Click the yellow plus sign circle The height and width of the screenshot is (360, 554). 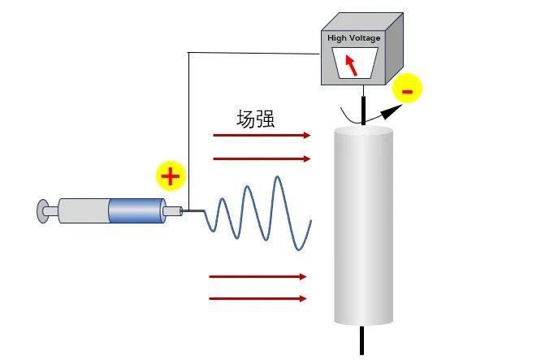(x=170, y=176)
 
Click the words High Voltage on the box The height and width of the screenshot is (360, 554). (x=353, y=38)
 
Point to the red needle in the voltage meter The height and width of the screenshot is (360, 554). (x=351, y=64)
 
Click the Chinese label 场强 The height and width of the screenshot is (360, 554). (x=255, y=119)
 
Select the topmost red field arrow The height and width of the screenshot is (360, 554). (x=261, y=136)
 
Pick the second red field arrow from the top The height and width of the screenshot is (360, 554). (x=261, y=158)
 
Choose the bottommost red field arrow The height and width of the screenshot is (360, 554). (x=258, y=299)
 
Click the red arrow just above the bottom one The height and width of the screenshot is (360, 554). (x=258, y=276)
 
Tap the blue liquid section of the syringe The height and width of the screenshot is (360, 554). (x=136, y=211)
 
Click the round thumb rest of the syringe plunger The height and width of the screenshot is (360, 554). (x=41, y=211)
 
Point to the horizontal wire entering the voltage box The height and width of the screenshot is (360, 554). (x=252, y=54)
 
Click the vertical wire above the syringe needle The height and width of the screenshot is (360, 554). (x=188, y=130)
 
